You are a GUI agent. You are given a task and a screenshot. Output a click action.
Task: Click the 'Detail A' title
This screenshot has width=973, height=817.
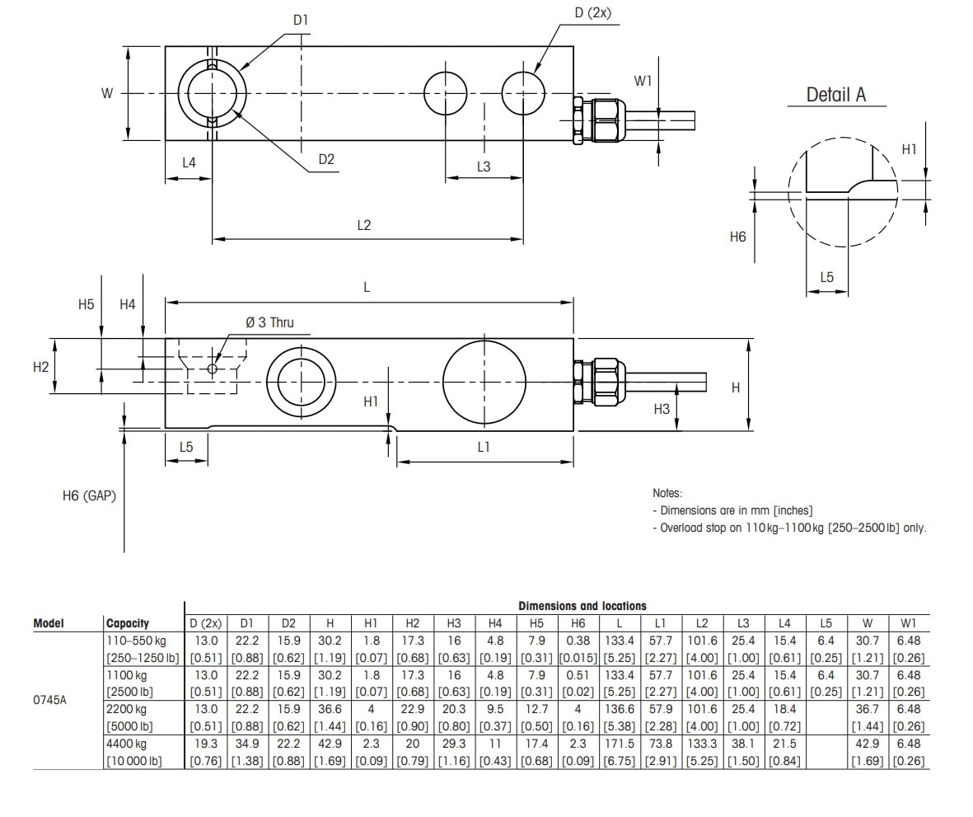click(835, 94)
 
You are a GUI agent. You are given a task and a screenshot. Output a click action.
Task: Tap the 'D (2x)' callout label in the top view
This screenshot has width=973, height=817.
click(592, 12)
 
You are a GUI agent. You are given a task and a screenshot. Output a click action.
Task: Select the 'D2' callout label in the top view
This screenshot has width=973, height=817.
click(326, 160)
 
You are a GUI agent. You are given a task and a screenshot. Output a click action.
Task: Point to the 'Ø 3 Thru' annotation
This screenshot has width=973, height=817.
click(269, 322)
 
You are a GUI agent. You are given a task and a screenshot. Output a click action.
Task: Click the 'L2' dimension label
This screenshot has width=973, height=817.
click(364, 225)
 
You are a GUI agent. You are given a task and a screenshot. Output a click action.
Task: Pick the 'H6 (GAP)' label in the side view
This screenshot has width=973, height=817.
click(89, 495)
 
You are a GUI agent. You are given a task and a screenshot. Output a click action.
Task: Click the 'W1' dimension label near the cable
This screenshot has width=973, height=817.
click(643, 81)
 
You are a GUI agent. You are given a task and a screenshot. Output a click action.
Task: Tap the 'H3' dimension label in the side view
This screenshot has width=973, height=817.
click(662, 409)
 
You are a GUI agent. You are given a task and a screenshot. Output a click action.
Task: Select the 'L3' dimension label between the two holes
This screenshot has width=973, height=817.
click(484, 167)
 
